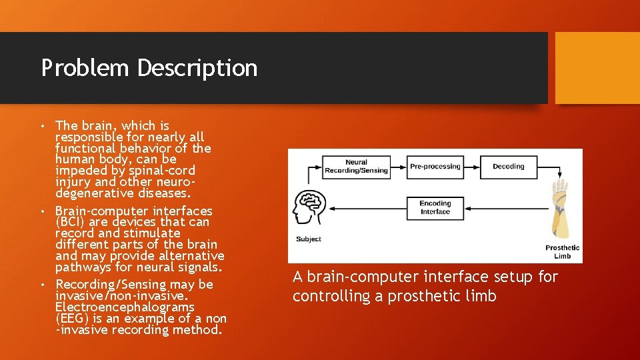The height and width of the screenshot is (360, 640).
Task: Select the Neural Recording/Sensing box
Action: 357,167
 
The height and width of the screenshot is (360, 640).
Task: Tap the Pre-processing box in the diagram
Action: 435,167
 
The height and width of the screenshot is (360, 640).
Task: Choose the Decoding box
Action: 509,167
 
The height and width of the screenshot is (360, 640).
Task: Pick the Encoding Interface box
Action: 435,207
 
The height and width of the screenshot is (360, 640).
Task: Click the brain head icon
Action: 309,209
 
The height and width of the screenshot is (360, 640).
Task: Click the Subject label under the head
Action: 308,239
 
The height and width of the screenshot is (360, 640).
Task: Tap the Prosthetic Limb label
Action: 563,251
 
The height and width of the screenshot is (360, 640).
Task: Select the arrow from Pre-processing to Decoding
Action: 477,167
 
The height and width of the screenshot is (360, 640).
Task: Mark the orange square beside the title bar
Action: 597,68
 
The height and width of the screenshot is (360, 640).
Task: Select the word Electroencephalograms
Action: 125,307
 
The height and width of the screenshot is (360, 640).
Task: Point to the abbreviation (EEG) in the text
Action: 71,319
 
